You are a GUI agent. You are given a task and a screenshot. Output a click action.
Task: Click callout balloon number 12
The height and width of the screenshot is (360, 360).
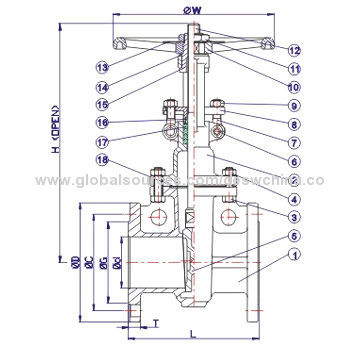pyautogui.click(x=294, y=49)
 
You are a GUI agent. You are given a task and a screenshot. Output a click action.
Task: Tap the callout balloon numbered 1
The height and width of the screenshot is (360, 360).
pyautogui.click(x=294, y=256)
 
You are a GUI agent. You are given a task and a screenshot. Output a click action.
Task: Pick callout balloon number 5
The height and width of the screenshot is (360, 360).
pyautogui.click(x=294, y=236)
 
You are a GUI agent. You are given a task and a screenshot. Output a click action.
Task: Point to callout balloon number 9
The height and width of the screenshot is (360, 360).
pyautogui.click(x=294, y=106)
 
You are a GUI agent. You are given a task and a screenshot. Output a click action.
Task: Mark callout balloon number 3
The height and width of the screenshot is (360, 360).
pyautogui.click(x=294, y=217)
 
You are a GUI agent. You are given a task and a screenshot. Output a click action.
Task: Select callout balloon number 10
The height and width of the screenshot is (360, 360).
pyautogui.click(x=294, y=86)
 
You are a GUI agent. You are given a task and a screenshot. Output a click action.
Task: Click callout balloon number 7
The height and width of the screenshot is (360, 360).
pyautogui.click(x=294, y=142)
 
